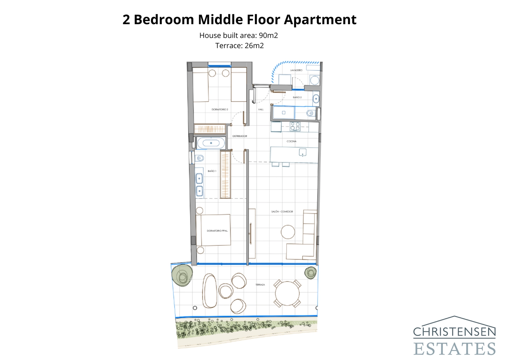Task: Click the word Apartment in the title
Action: [320, 20]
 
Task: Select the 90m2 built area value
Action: [268, 35]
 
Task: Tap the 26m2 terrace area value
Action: [254, 46]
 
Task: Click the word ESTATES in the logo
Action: [454, 349]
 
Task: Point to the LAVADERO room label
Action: [296, 70]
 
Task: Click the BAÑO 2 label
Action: [297, 97]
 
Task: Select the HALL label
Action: [261, 109]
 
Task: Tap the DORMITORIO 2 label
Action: [220, 109]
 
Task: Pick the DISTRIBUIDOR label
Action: [240, 136]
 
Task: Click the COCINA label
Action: [291, 141]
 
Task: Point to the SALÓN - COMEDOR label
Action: [282, 211]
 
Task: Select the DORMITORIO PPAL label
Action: [217, 230]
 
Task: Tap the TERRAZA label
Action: [260, 285]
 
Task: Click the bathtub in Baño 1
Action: [211, 143]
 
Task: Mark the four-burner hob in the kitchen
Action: [295, 126]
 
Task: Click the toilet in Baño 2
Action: [310, 113]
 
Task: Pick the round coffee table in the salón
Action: [288, 232]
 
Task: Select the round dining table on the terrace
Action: [287, 293]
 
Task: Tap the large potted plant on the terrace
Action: [182, 275]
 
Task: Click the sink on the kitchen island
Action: [303, 152]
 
